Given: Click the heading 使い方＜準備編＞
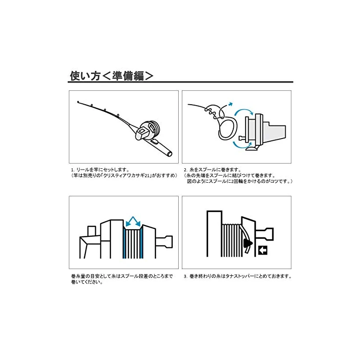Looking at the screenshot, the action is [111, 76].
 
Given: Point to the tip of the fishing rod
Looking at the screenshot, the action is [78, 101].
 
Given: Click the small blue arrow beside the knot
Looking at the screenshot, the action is [230, 104].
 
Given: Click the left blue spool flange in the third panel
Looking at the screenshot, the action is [125, 244].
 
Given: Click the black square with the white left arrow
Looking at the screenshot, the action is [263, 250].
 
